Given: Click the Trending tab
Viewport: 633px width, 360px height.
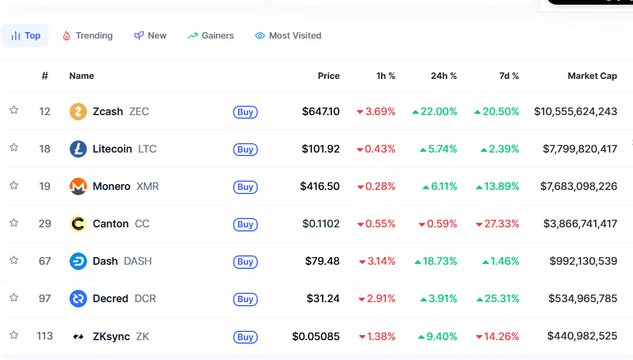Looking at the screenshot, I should coord(88,36).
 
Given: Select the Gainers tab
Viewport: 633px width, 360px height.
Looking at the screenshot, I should coord(211,36).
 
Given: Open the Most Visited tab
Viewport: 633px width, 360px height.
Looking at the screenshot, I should coord(288,36).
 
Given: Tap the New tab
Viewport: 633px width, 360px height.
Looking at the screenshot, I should coord(150,36).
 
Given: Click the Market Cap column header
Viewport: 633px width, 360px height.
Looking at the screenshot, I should coord(592,76).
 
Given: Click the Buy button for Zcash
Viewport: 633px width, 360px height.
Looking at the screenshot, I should coord(245,112).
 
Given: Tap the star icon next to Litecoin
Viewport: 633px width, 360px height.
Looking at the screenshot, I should coord(14,148).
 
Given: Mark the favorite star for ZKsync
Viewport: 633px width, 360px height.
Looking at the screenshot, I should coord(14,335).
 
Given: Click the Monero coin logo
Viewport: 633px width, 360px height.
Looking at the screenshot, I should coord(78,186).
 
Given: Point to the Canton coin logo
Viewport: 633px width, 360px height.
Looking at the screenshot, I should coord(78,224).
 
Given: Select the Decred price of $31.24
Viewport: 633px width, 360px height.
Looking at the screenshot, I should coord(323,299).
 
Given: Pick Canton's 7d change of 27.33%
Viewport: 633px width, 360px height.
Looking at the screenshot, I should coord(497,224).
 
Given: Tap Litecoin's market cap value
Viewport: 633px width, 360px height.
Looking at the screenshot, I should coord(580,149).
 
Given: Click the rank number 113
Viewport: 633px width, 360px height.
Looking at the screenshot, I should coord(44,336).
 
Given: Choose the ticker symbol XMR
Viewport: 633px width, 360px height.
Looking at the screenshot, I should coord(147,186).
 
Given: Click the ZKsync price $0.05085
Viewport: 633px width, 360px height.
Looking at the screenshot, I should coord(316,336).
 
